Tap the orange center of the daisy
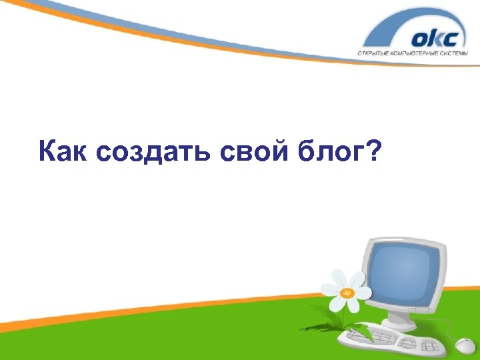(x=347, y=292)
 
